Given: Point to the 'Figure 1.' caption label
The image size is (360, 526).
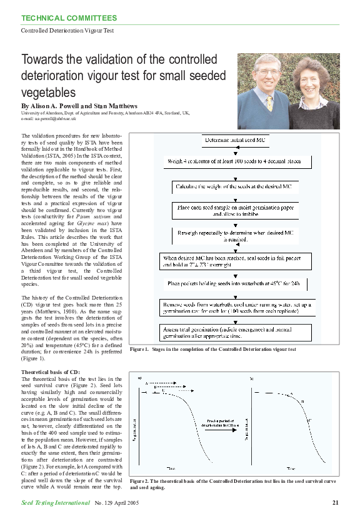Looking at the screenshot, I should tap(139, 349).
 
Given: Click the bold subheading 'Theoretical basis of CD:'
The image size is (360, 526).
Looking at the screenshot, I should tap(47, 372).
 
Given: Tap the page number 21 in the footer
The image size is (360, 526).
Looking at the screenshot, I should tap(335, 502).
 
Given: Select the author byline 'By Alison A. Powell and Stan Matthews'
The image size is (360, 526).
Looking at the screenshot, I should tap(79, 106).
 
